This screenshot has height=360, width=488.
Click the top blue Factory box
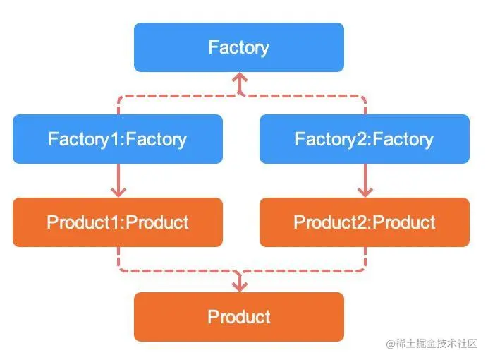tap(239, 47)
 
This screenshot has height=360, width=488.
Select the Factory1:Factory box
tap(118, 139)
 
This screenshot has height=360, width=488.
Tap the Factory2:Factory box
tap(365, 139)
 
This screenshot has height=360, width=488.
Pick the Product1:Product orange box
tap(118, 222)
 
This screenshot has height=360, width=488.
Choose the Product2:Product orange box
tap(365, 222)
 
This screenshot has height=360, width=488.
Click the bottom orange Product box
tap(239, 317)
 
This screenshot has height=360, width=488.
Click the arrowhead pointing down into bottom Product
tap(240, 287)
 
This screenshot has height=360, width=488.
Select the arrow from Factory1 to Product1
tap(118, 180)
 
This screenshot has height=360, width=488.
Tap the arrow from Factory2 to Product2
tap(365, 180)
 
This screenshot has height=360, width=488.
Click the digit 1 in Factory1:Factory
tap(114, 139)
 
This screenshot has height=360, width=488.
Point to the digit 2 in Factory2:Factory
tap(362, 139)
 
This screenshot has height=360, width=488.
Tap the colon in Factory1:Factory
tap(122, 141)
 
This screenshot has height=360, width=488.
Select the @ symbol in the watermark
tap(391, 344)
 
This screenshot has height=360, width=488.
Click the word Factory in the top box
tap(238, 48)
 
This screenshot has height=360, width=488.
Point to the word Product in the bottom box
tap(239, 317)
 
